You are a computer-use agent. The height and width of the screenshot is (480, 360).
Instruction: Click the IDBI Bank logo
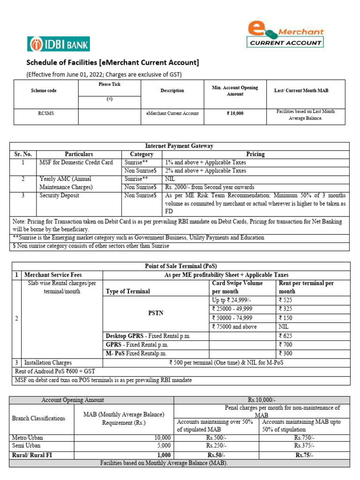[x=59, y=44]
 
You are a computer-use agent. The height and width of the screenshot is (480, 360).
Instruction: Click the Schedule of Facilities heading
[x=112, y=63]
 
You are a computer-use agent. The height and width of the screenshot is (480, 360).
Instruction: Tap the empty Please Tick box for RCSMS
[x=109, y=116]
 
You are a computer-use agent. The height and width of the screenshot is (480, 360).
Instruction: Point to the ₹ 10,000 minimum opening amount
[x=235, y=113]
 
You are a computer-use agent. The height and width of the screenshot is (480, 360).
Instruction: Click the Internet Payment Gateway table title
[x=180, y=146]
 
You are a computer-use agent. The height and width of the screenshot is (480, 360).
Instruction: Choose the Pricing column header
[x=255, y=154]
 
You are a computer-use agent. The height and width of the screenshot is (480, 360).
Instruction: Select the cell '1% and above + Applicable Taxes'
[x=205, y=162]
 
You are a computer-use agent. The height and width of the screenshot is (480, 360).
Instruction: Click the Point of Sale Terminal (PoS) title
[x=180, y=266]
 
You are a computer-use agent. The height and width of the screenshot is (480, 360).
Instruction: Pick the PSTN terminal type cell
[x=156, y=313]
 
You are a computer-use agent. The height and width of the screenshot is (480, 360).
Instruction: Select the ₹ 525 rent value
[x=285, y=300]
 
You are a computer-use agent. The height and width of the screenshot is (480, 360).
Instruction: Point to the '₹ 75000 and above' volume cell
[x=234, y=327]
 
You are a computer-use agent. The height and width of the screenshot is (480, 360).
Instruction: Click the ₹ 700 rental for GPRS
[x=285, y=345]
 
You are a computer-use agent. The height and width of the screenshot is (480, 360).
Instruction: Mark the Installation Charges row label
[x=48, y=362]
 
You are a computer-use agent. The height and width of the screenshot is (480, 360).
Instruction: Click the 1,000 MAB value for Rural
[x=164, y=455]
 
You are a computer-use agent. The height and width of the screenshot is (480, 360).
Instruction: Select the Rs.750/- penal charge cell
[x=304, y=438]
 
